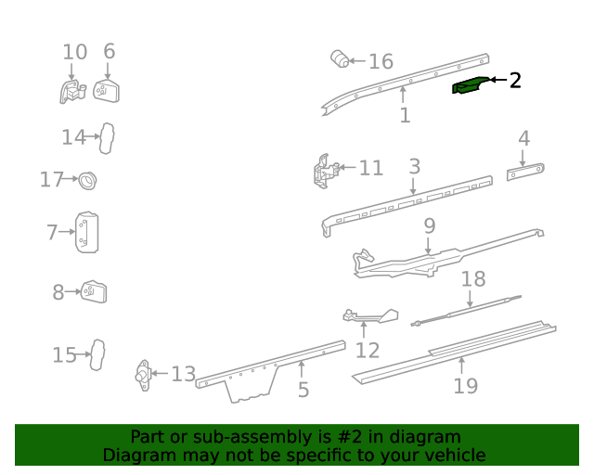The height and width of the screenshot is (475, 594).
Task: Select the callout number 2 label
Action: [x=515, y=81]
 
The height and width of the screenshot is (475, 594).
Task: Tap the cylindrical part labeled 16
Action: [x=342, y=60]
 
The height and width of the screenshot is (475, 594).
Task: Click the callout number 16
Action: [x=381, y=62]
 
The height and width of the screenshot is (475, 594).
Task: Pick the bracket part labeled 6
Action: [x=108, y=91]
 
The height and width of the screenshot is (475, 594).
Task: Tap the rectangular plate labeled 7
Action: [x=87, y=232]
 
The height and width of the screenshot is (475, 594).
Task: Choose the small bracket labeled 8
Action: [x=95, y=292]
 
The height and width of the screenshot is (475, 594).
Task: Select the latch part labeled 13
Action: [x=143, y=375]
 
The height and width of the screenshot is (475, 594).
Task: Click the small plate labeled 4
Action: [x=525, y=172]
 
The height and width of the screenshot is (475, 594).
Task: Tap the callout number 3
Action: [x=414, y=167]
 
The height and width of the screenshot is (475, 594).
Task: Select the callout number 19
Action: [x=465, y=385]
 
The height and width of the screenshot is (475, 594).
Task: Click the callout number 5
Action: [x=303, y=390]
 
